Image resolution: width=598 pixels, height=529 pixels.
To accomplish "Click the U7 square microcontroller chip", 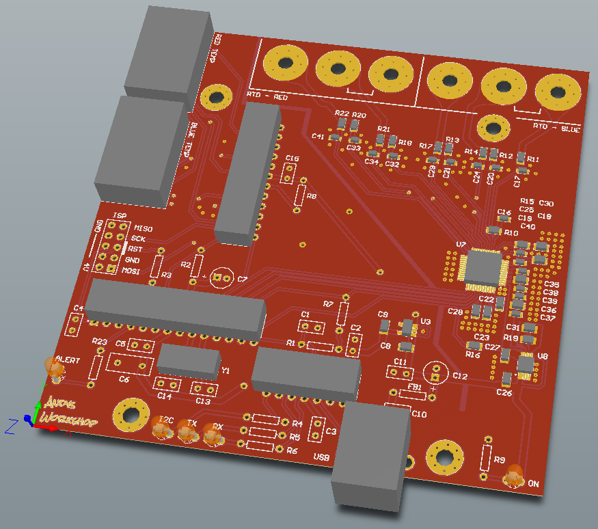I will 485,270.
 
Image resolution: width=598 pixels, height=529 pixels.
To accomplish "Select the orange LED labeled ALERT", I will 54,368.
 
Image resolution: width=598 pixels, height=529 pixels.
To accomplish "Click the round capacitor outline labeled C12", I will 435,373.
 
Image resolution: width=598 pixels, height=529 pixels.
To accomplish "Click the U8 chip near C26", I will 525,366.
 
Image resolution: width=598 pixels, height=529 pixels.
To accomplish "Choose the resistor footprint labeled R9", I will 486,459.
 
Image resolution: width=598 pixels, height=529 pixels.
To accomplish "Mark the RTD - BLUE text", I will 556,127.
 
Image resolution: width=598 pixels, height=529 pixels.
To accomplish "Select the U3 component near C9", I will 408,328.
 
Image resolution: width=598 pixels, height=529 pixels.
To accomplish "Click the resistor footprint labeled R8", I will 300,195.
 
